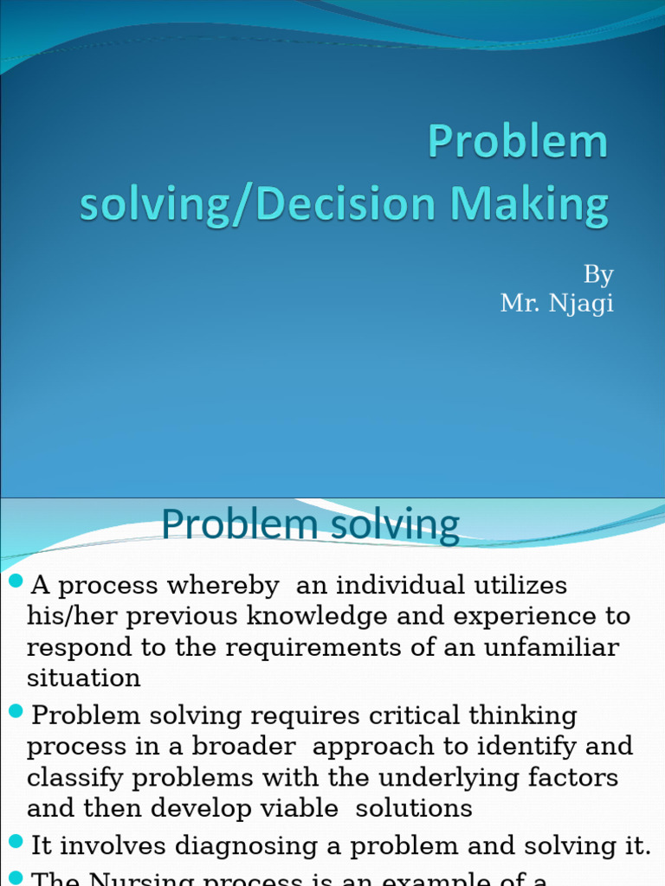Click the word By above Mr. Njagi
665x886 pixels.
598,275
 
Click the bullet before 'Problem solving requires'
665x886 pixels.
16,712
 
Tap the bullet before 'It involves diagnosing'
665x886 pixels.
16,841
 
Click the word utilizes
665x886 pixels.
518,586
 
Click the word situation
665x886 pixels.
83,678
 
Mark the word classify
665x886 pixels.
74,778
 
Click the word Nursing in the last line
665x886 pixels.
143,879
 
